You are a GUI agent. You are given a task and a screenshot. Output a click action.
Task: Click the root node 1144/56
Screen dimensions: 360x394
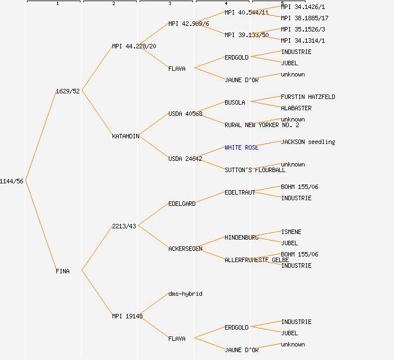pos(12,181)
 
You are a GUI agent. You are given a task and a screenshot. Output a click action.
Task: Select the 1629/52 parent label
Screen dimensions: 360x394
pos(68,91)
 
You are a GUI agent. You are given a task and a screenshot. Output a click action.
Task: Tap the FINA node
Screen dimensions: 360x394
pos(62,271)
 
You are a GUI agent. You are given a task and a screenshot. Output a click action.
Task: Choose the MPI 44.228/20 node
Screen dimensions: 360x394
pos(134,46)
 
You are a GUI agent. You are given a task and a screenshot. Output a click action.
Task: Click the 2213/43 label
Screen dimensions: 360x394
pos(124,226)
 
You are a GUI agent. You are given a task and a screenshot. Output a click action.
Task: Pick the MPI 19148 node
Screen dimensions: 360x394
pos(127,316)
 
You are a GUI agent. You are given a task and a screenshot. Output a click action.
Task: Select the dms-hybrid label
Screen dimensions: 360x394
pos(185,294)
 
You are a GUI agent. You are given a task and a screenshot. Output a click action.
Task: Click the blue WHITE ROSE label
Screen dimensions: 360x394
pos(241,147)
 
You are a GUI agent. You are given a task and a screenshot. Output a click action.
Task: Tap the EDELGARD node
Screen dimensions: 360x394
pos(182,204)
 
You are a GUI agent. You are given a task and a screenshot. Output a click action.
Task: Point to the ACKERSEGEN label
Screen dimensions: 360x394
pos(185,249)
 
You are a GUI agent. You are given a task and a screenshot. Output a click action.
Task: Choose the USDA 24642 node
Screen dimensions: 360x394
pos(185,159)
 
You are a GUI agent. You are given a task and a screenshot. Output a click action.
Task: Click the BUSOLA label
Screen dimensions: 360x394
pos(235,102)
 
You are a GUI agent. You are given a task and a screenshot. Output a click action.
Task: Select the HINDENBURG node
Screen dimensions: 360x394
pos(241,237)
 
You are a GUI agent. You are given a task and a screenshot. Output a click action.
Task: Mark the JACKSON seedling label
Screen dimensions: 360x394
pos(308,142)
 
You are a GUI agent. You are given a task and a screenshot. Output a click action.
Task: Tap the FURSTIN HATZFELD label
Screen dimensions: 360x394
pos(308,97)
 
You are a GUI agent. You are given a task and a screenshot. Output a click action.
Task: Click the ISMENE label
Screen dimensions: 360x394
pos(291,232)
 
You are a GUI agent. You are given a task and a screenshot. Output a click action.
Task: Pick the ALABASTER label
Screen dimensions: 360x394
pos(296,108)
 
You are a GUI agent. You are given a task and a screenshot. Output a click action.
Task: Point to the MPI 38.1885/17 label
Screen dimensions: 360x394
pos(305,18)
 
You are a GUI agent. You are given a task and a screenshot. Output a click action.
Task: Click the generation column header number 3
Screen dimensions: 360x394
pos(169,4)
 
